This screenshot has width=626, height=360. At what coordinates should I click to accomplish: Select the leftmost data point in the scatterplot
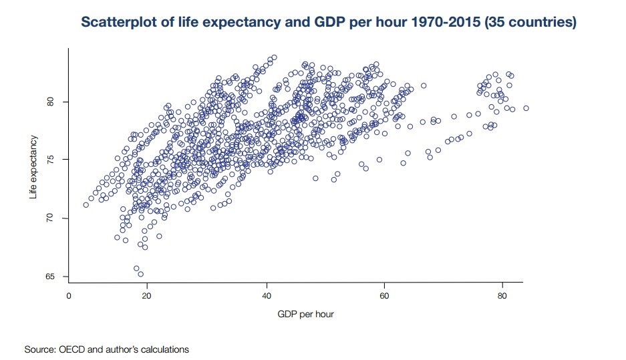click(86, 205)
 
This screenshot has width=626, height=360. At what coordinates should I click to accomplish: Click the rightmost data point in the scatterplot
click(526, 108)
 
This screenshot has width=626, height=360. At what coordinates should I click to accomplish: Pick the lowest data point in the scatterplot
click(140, 274)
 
